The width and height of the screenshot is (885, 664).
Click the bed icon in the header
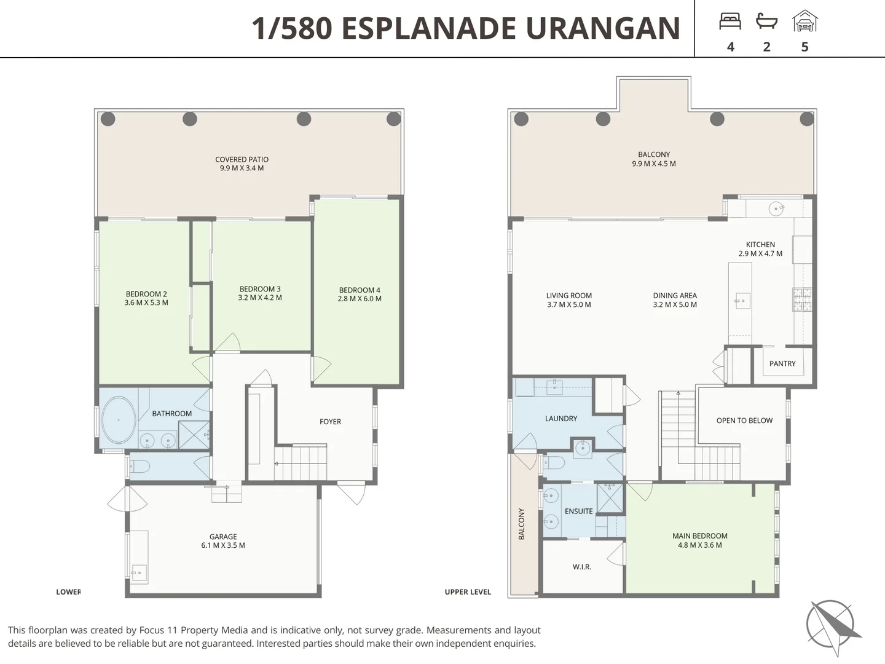(x=730, y=22)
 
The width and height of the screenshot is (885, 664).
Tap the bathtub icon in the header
(x=766, y=22)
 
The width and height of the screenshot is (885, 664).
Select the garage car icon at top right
(x=804, y=21)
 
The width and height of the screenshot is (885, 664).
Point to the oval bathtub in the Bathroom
(x=119, y=420)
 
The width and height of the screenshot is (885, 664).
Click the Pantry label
(x=782, y=363)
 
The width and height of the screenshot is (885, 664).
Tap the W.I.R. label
(x=582, y=567)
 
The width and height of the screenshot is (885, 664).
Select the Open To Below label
(x=744, y=421)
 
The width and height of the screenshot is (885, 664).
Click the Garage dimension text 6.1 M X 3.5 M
(x=223, y=545)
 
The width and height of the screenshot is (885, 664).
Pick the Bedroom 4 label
(x=360, y=290)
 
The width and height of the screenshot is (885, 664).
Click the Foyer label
(x=330, y=422)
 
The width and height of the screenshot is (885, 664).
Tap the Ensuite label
(x=578, y=511)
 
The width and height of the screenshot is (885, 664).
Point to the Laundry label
(x=561, y=419)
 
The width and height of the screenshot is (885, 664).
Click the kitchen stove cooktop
(x=803, y=299)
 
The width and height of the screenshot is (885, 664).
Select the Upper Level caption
(x=468, y=592)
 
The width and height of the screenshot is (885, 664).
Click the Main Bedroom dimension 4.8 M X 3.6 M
(x=699, y=545)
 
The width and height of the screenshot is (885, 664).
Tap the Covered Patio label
(x=242, y=160)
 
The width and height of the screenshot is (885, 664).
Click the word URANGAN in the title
(x=603, y=28)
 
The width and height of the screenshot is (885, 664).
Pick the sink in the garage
(x=139, y=572)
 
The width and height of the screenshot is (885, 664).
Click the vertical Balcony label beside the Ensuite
(x=521, y=524)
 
